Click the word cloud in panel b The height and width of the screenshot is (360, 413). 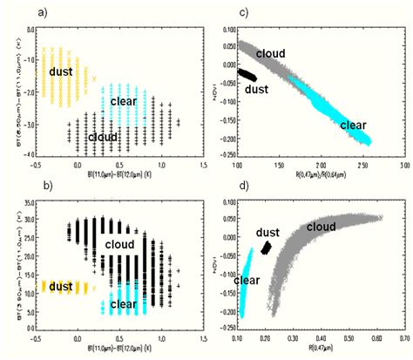[121, 246]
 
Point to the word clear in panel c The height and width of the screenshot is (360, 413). [352, 125]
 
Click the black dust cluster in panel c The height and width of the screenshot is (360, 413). [249, 77]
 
